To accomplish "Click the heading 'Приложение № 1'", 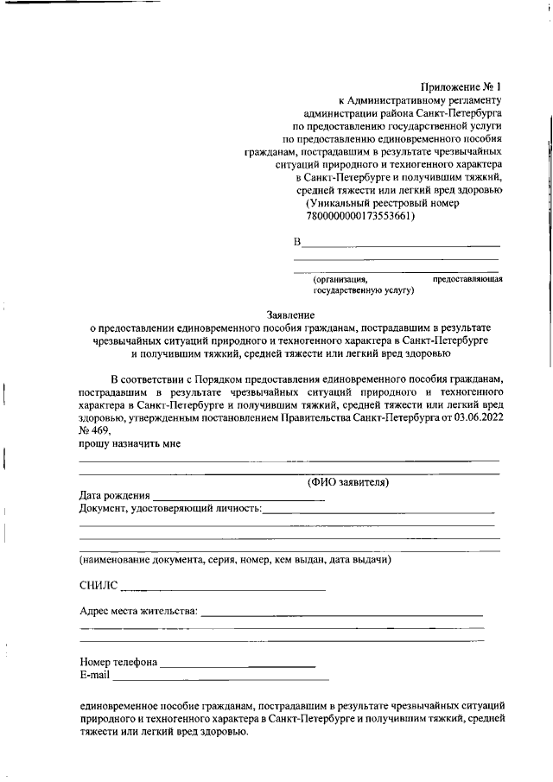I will [x=460, y=86].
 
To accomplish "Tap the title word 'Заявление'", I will [x=289, y=315].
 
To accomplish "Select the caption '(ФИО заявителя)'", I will [x=348, y=482].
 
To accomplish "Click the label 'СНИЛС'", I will [x=98, y=587].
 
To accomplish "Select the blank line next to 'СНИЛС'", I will [x=223, y=590].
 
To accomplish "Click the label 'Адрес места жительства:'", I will [x=138, y=612].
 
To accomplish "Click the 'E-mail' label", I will [x=94, y=675].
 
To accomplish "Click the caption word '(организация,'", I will [x=340, y=279].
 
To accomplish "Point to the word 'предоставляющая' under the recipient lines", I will [x=467, y=279].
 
